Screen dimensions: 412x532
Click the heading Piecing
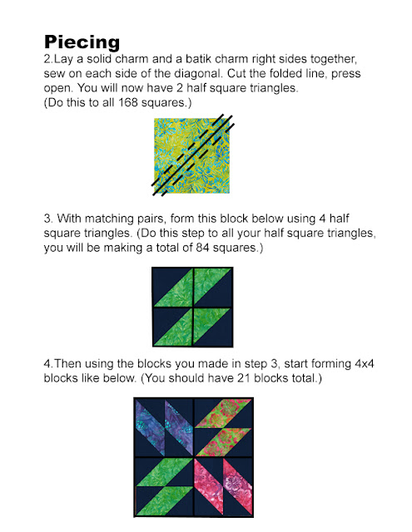82,42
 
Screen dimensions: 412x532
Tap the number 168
128,102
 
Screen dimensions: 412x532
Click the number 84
203,248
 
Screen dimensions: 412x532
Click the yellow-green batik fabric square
191,155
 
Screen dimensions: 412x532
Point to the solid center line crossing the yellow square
192,155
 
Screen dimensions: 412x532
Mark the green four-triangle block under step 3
192,307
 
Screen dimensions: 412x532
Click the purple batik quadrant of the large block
165,427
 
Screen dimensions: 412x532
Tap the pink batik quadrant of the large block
223,486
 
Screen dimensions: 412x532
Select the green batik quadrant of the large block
165,486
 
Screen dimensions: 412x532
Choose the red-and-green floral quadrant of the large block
223,427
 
